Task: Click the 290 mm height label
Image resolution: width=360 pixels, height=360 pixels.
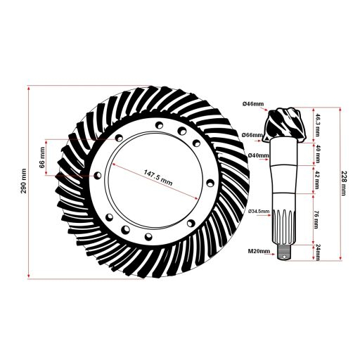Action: pyautogui.click(x=23, y=182)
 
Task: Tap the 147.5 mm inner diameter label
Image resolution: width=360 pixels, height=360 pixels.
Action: pyautogui.click(x=157, y=176)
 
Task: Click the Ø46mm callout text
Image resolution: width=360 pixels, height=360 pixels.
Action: pyautogui.click(x=253, y=105)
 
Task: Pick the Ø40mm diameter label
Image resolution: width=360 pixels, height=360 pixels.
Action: pyautogui.click(x=258, y=155)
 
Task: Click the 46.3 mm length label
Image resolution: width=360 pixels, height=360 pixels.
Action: pyautogui.click(x=318, y=124)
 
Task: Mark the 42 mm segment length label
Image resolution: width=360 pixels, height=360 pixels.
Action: pyautogui.click(x=318, y=181)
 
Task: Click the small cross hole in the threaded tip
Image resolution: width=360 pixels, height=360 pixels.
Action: pyautogui.click(x=284, y=256)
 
